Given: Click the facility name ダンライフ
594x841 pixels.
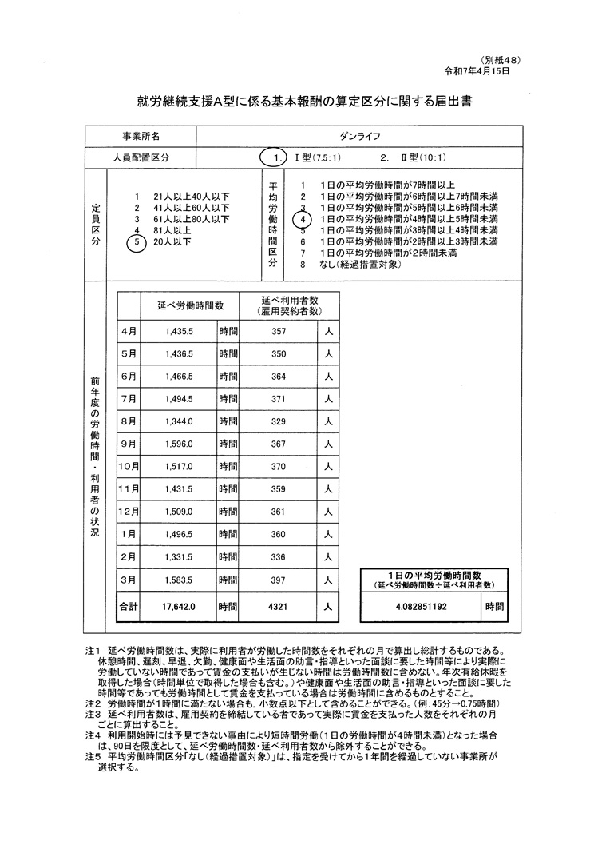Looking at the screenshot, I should coord(360,137).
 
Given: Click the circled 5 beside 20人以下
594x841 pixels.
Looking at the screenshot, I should coord(137,241).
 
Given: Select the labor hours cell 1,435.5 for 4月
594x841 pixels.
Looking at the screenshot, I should coord(180,330).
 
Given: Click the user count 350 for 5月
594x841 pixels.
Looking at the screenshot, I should coord(279,353).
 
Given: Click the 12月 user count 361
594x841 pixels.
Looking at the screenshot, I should coord(279,511).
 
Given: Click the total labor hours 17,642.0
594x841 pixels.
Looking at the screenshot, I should coord(179,607).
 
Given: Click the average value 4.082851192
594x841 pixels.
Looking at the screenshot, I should coord(420,607).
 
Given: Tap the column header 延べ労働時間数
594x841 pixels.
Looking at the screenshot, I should coord(184,305).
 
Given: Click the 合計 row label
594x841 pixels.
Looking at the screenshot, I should coord(128,607).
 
